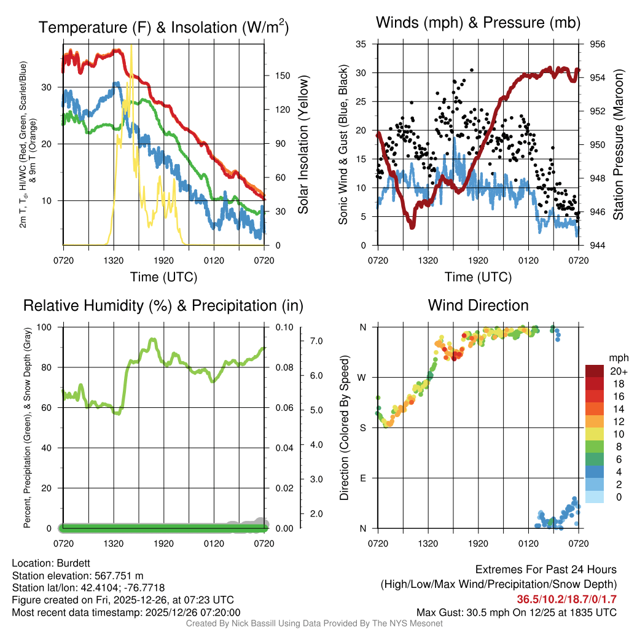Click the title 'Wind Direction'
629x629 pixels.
pos(478,305)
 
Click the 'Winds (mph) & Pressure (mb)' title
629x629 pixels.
pos(478,23)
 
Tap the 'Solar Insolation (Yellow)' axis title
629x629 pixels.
pos(303,145)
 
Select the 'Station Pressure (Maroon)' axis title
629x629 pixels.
pos(619,145)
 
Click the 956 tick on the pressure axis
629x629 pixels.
pos(598,44)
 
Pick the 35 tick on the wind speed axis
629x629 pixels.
pos(361,44)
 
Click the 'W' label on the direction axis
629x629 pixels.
pos(362,377)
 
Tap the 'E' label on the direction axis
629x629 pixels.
pos(363,478)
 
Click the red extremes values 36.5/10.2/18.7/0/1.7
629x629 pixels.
pos(566,599)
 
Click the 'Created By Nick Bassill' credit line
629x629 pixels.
pos(314,623)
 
